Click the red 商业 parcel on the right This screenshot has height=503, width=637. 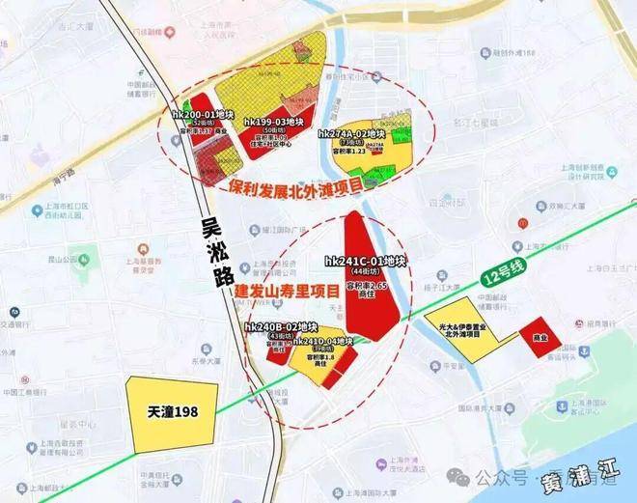(532, 338)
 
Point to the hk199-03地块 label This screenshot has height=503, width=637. (275, 122)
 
